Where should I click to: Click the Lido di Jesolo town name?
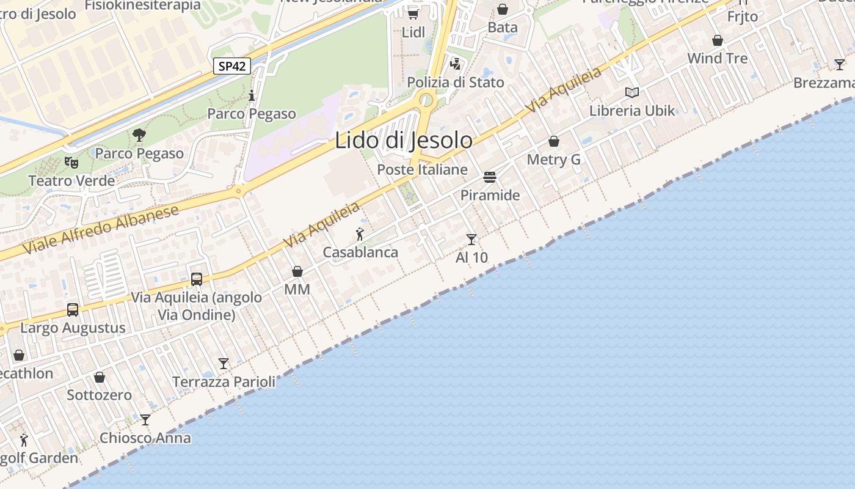(404, 141)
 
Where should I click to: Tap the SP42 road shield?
(232, 66)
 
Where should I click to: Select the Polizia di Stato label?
(456, 83)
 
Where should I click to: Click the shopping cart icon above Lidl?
(413, 13)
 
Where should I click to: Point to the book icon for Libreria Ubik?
(632, 92)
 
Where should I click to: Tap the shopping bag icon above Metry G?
(554, 142)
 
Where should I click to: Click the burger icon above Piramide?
(490, 177)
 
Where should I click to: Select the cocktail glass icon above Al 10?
(471, 239)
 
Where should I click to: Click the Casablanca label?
(360, 252)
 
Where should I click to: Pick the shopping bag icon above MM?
(297, 271)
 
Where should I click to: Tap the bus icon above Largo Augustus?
(73, 310)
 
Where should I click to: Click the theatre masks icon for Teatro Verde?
(72, 163)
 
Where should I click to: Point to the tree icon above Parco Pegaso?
(139, 135)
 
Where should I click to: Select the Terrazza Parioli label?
(224, 382)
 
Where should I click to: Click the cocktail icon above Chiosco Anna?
(145, 420)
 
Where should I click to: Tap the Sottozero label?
(99, 395)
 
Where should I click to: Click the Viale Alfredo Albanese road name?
(101, 229)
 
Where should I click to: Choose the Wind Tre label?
(717, 59)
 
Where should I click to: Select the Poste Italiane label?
(423, 170)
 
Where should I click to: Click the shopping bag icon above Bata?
(503, 9)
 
